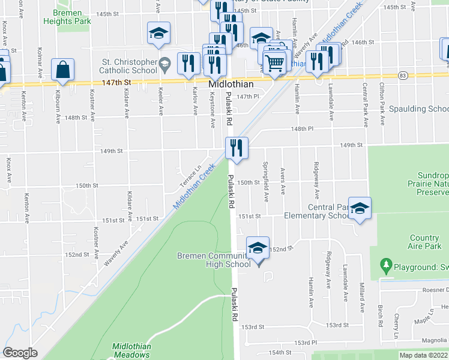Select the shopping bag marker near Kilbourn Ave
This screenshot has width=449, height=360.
[x=62, y=70]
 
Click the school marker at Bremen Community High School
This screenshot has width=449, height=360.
[x=258, y=248]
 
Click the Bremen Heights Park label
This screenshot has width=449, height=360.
[x=67, y=17]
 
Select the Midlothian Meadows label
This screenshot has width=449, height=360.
[x=132, y=350]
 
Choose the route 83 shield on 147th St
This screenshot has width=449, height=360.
[x=402, y=75]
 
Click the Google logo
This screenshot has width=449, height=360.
[x=20, y=353]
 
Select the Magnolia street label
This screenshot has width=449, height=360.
[x=433, y=340]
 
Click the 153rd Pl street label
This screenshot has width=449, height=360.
[x=305, y=342]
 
